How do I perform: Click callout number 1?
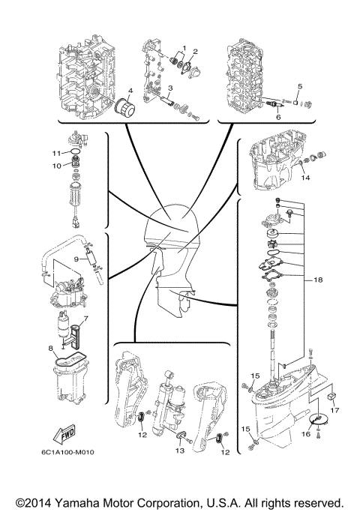point(184,49)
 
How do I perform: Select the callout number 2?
point(195,52)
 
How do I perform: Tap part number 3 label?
point(170,88)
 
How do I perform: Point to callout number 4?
point(130,91)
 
